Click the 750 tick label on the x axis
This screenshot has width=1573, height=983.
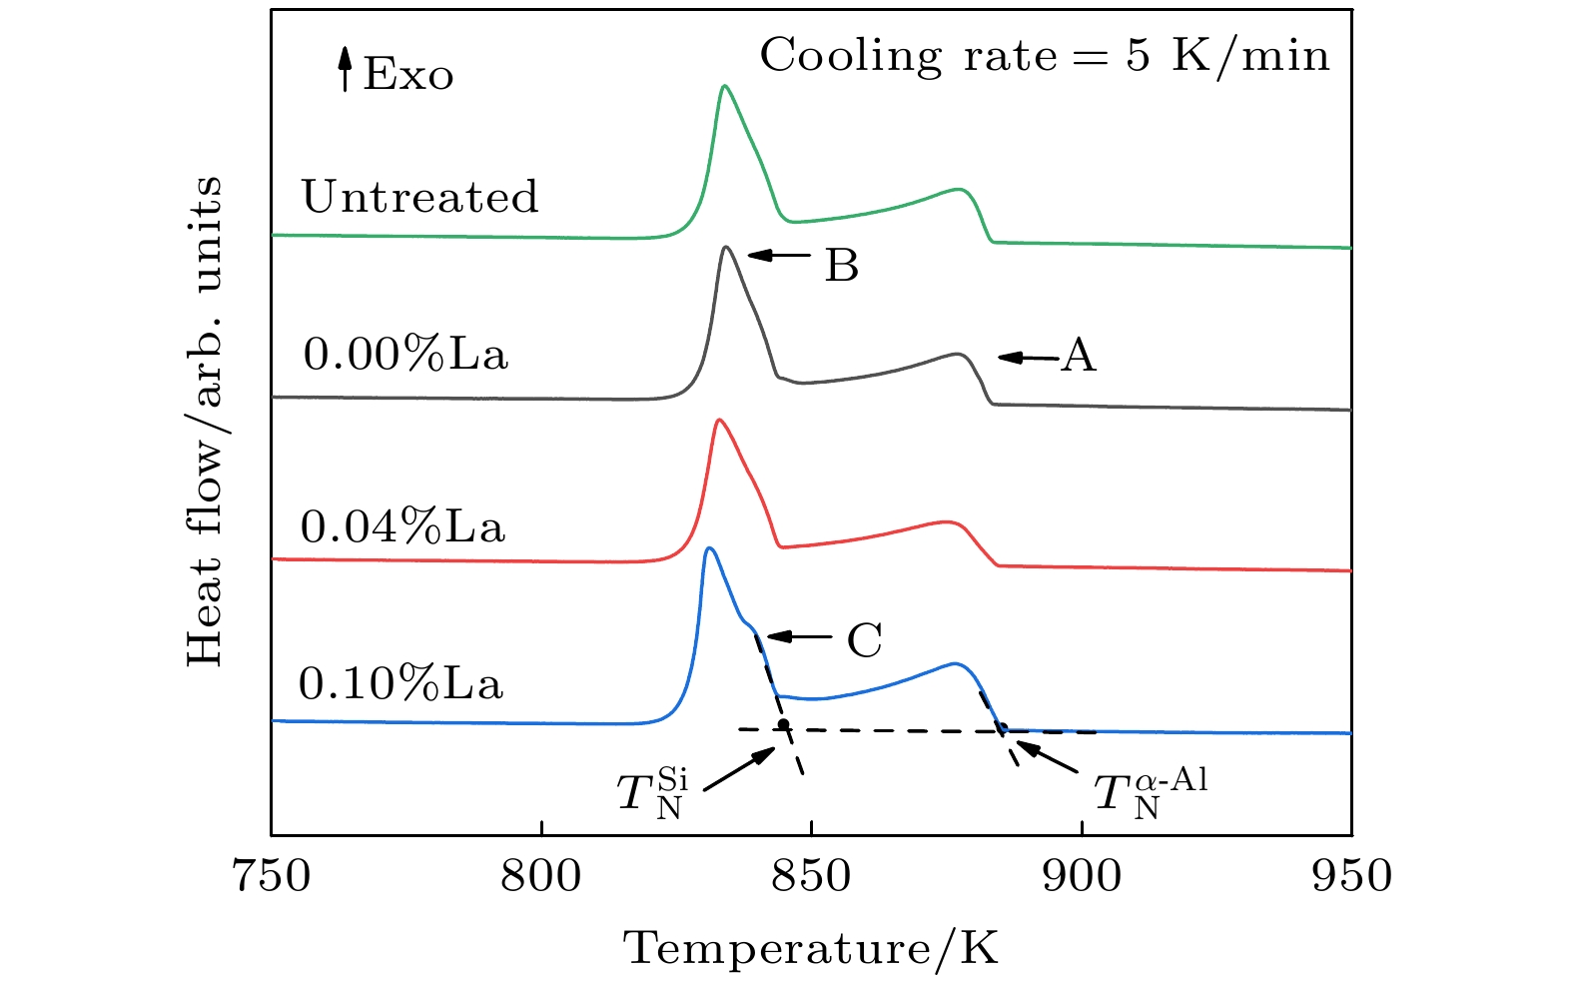pos(271,876)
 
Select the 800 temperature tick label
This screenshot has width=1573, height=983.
pos(541,876)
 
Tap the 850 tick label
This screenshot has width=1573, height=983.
pos(811,876)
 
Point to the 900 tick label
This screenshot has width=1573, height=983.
pos(1082,876)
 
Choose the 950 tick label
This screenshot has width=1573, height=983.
pos(1351,876)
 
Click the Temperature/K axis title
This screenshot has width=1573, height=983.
pos(811,947)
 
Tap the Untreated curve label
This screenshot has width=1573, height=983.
pos(419,197)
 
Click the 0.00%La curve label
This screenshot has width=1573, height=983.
pos(405,354)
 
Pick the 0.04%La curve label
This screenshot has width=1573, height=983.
pos(402,526)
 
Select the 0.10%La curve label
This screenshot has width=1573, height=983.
pos(400,683)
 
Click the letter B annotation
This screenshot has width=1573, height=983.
pos(841,266)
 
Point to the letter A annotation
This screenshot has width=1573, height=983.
pos(1079,355)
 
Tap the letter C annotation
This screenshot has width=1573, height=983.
pos(864,640)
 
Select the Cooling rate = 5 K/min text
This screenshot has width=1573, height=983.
pos(1045,55)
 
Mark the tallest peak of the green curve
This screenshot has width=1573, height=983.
pos(724,87)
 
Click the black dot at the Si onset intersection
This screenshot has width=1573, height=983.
pos(784,724)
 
